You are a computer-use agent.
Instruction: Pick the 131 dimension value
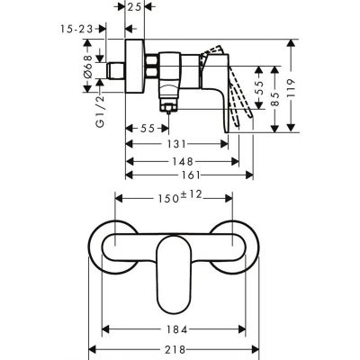180,144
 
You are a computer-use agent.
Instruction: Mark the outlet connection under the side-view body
167,106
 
